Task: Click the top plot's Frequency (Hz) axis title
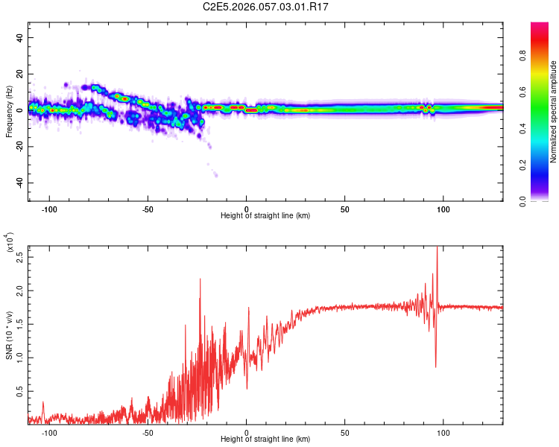pos(9,112)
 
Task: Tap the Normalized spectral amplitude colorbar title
pos(553,112)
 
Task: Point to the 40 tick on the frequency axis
pos(20,37)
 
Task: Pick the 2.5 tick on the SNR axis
pos(20,257)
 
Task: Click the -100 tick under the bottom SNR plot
pos(49,434)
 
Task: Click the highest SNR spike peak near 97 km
pos(438,247)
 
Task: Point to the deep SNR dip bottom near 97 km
pos(436,367)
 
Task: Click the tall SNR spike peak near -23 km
pos(200,279)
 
